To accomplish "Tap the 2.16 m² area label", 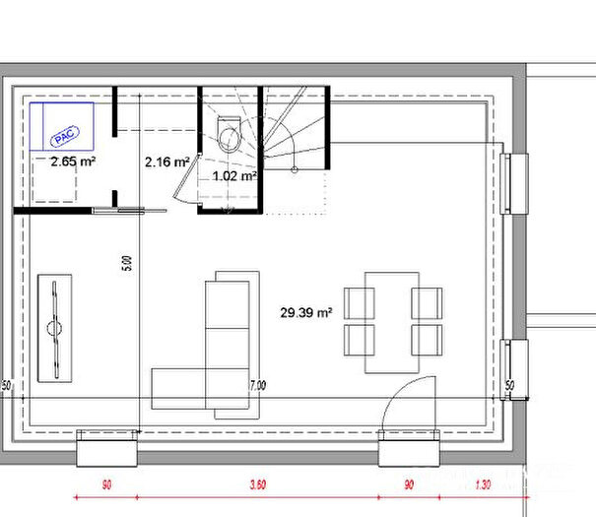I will (166, 162).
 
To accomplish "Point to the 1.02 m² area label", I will (234, 177).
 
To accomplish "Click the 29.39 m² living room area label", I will (305, 313).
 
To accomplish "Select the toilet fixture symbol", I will (229, 134).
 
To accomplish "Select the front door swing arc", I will (406, 404).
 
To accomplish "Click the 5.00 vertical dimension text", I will (126, 265).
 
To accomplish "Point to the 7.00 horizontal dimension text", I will (257, 386).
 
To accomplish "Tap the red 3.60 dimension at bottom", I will (258, 485).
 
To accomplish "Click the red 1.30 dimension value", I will (482, 485).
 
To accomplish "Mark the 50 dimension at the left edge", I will (6, 383).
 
